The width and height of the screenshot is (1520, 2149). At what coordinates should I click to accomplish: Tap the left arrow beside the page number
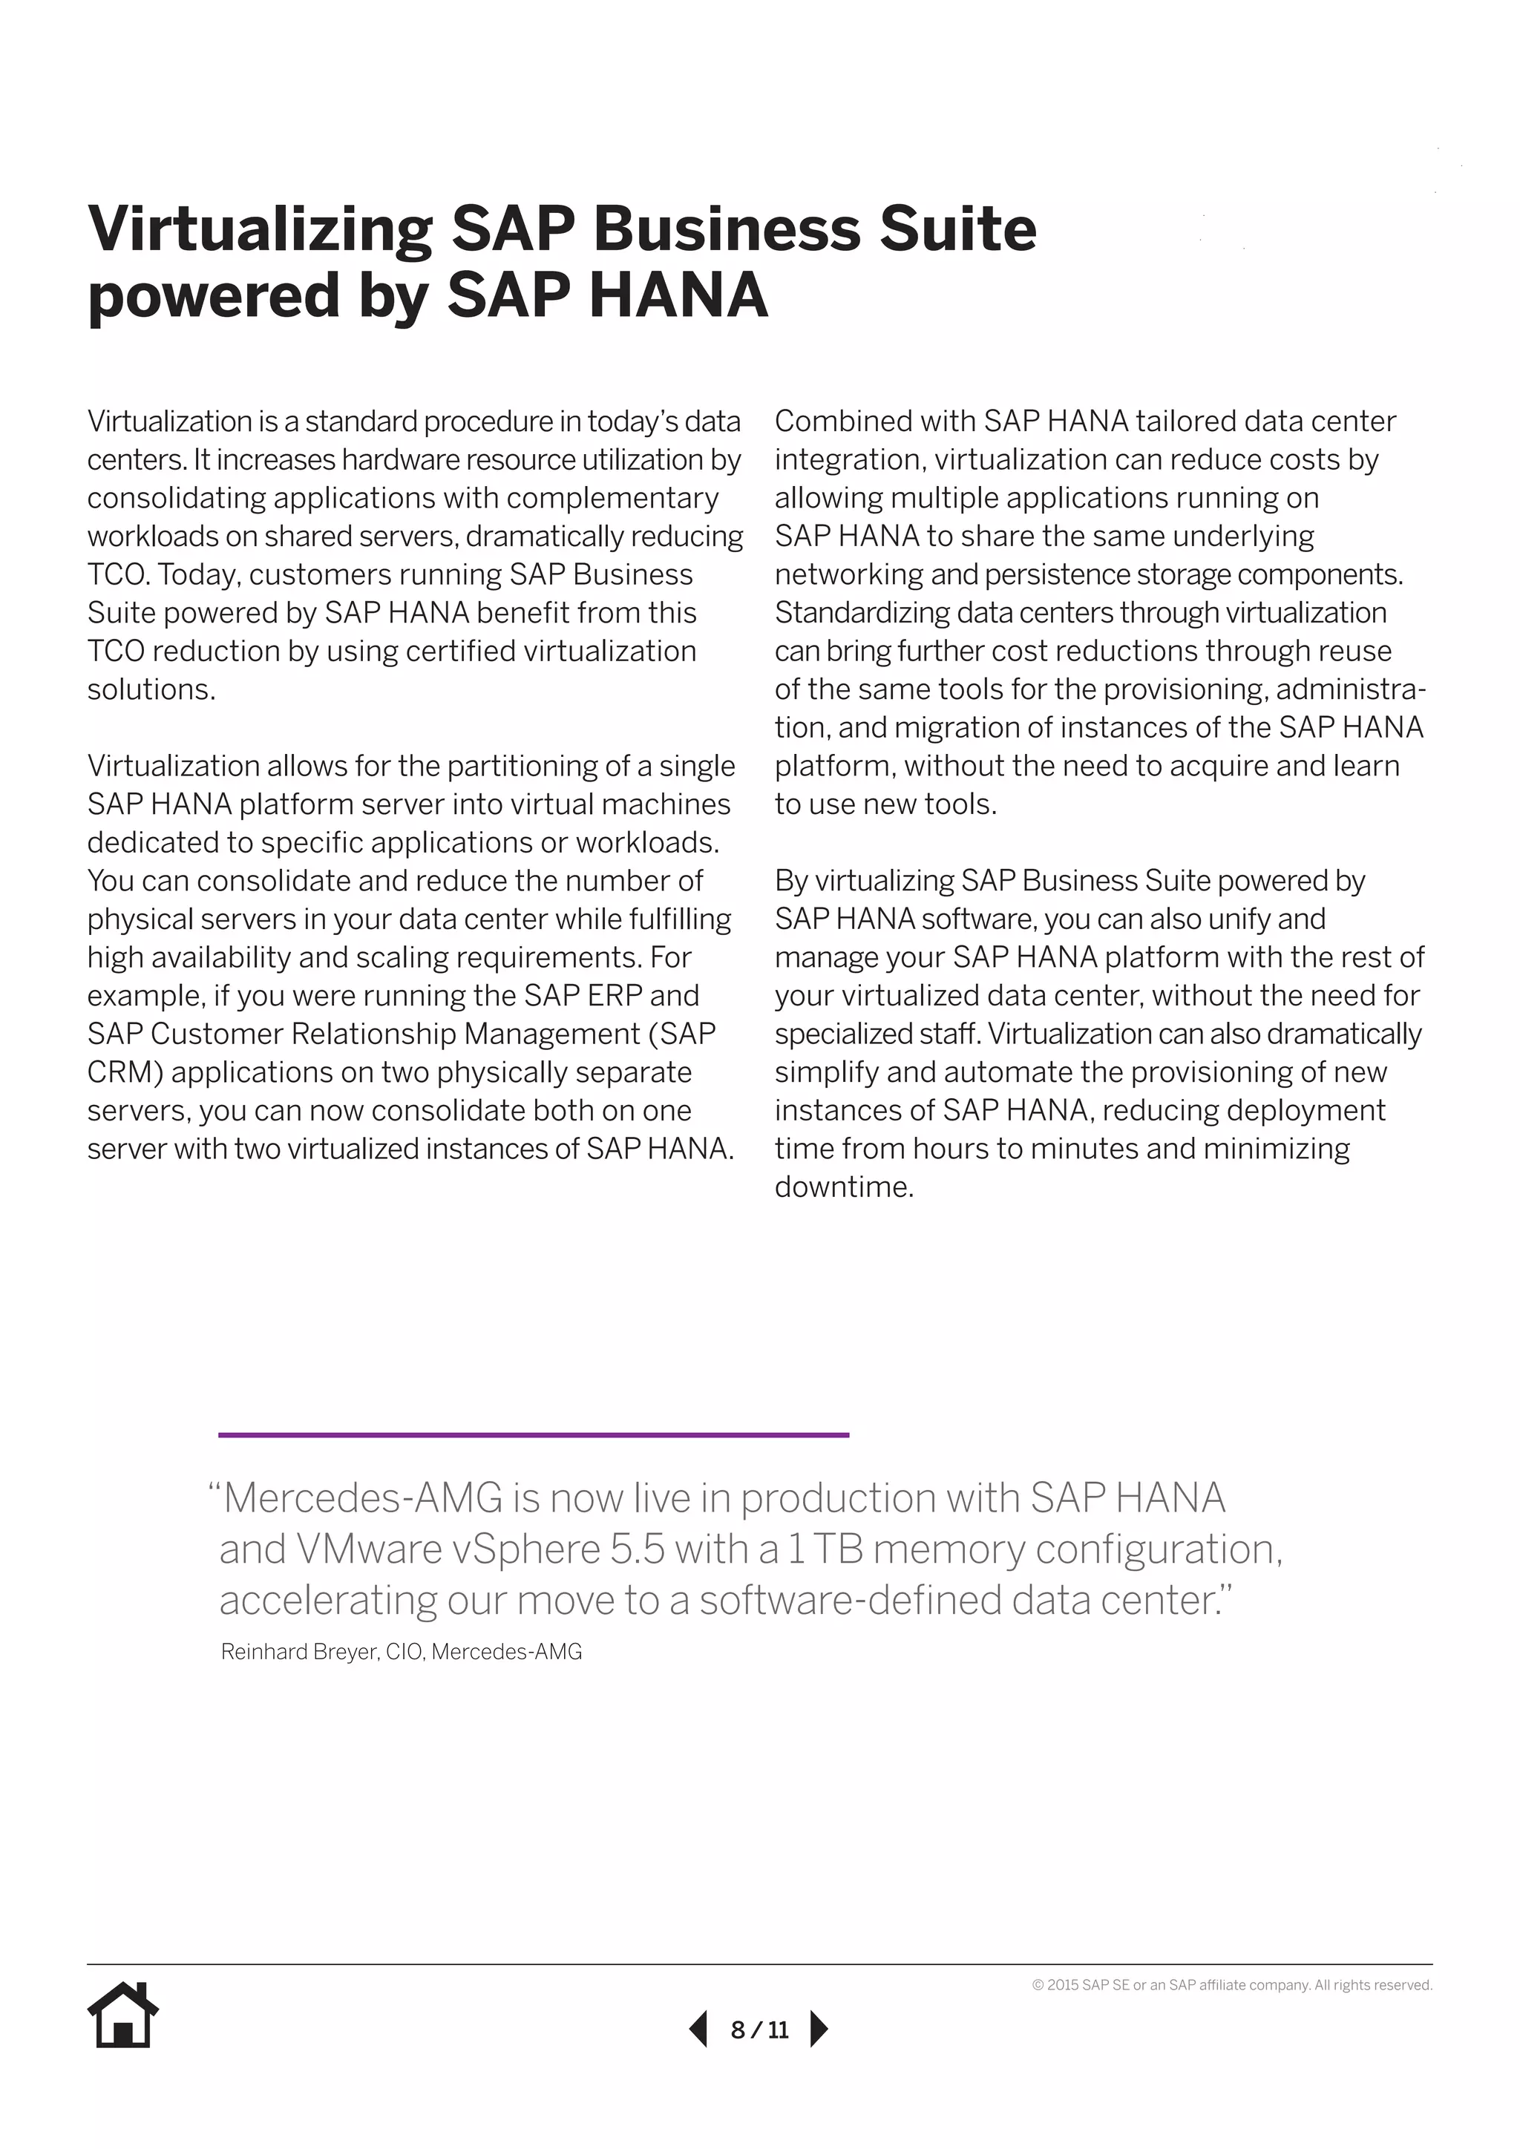(698, 2030)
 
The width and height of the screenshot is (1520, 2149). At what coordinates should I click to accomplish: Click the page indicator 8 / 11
(759, 2030)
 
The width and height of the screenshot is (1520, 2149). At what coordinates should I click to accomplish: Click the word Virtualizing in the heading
(259, 229)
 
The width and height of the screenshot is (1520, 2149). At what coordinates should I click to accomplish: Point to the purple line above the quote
(534, 1434)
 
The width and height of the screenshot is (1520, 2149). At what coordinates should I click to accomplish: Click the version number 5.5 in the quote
(637, 1549)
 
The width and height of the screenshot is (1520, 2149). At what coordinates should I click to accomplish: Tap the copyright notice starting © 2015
(1232, 1985)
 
